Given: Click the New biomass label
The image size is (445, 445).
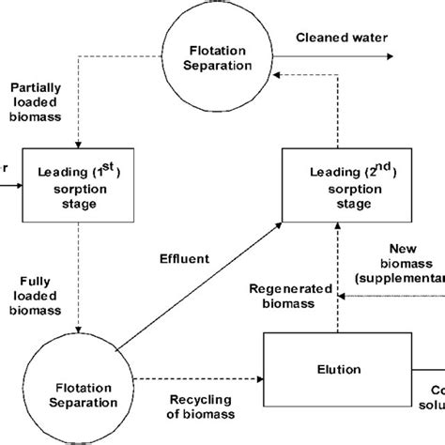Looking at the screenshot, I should click(x=404, y=272).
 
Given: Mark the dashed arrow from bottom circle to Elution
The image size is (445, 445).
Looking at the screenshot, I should click(x=197, y=380).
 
